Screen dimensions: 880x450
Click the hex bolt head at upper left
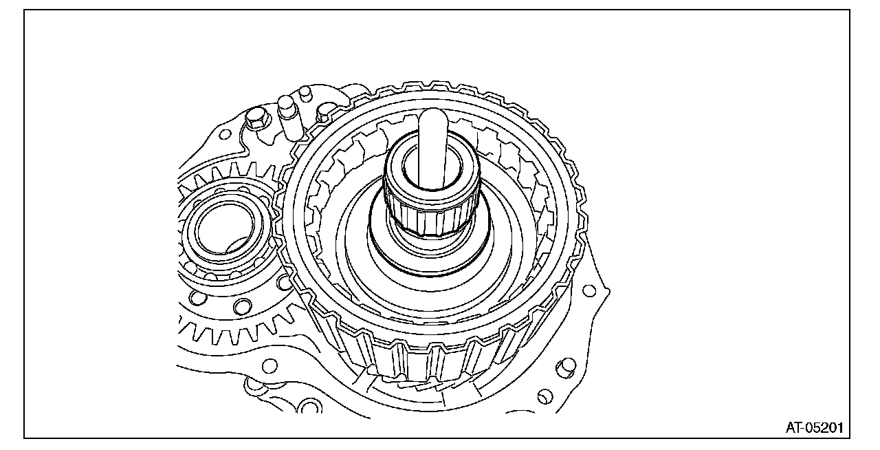257,118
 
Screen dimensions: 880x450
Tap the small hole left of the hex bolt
224,135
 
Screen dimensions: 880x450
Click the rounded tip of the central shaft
431,115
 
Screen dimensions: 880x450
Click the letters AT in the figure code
794,427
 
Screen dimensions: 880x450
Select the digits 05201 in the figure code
824,427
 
